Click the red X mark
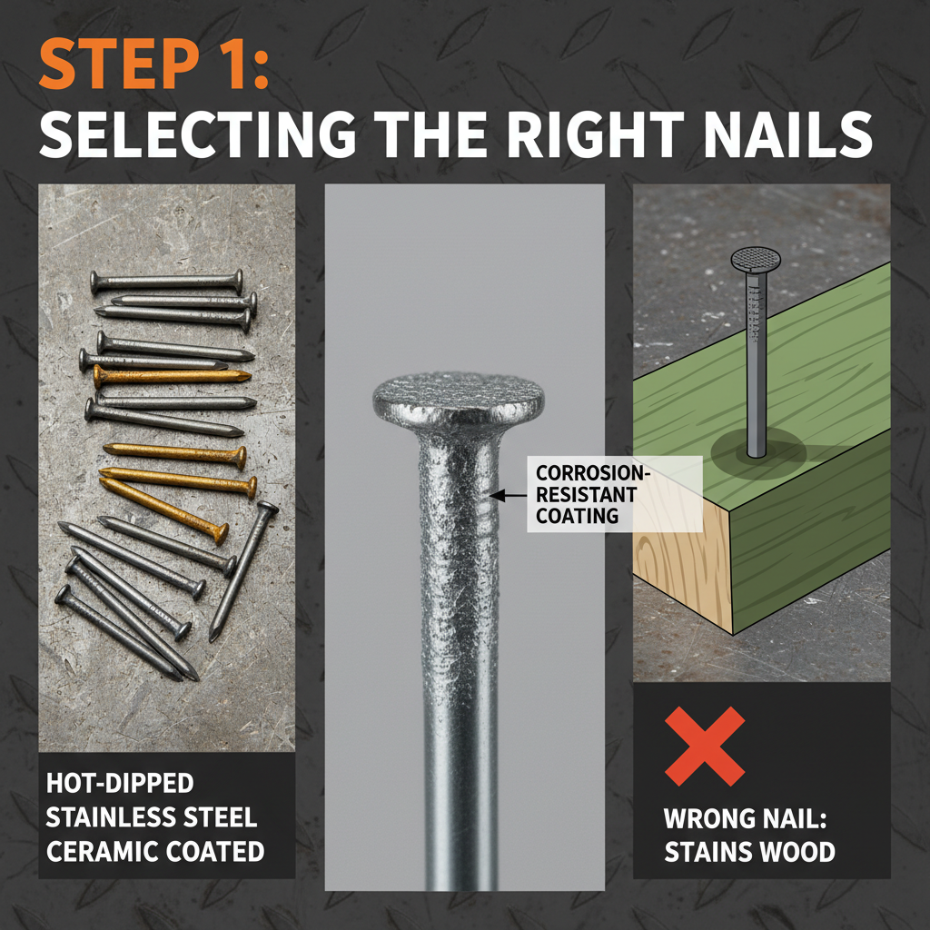pyautogui.click(x=705, y=746)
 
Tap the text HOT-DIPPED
pyautogui.click(x=120, y=784)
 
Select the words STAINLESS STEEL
pyautogui.click(x=151, y=817)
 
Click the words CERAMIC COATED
pyautogui.click(x=154, y=851)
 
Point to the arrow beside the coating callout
pyautogui.click(x=508, y=495)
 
